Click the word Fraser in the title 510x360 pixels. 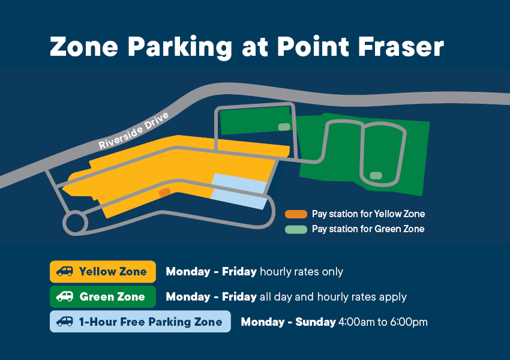click(401, 47)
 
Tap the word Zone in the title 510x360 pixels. click(84, 47)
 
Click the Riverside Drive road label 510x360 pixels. click(134, 131)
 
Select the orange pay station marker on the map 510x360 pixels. click(164, 192)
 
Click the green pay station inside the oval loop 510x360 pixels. click(376, 176)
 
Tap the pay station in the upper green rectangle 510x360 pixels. click(284, 127)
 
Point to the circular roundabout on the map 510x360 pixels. click(75, 223)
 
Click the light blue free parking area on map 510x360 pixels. click(239, 191)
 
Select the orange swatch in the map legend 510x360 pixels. click(296, 214)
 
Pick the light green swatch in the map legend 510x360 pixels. click(296, 229)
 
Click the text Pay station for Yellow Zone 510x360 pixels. click(368, 214)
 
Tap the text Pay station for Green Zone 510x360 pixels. click(368, 229)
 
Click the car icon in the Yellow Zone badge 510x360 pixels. click(65, 271)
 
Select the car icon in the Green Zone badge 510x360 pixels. click(65, 296)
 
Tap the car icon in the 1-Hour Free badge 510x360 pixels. click(65, 322)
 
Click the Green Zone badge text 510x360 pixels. click(112, 296)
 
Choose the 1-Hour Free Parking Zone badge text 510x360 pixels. click(151, 322)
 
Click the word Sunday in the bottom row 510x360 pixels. click(316, 322)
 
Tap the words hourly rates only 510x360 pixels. click(302, 272)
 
